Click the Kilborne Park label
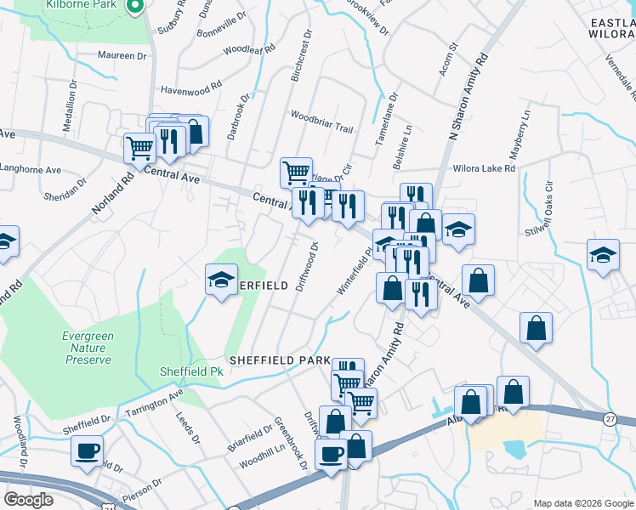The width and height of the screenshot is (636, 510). point(93,4)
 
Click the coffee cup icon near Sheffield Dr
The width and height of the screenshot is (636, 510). point(87,450)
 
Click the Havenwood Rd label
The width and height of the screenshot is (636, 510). point(191,87)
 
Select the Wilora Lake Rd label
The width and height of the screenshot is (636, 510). point(485,168)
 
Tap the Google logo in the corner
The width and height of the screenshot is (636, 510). point(28,500)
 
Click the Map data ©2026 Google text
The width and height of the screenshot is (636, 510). point(583,503)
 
